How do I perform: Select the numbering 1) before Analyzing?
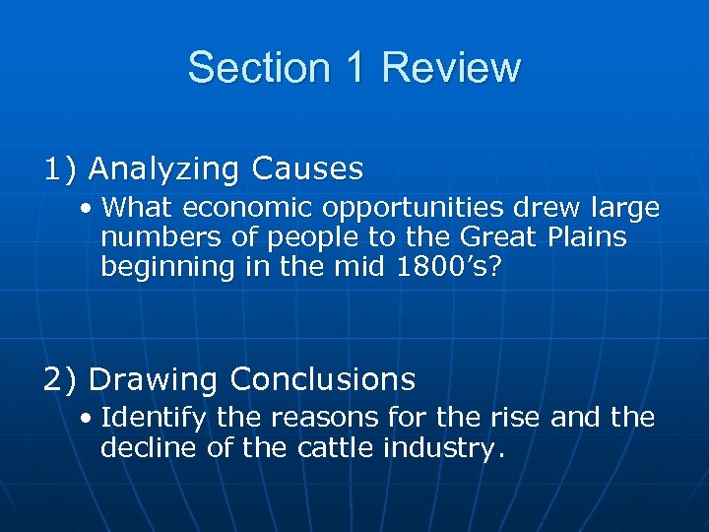[61, 169]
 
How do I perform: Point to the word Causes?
[307, 169]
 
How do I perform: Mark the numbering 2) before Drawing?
[61, 378]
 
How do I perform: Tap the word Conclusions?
[322, 378]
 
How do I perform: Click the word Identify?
[154, 419]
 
